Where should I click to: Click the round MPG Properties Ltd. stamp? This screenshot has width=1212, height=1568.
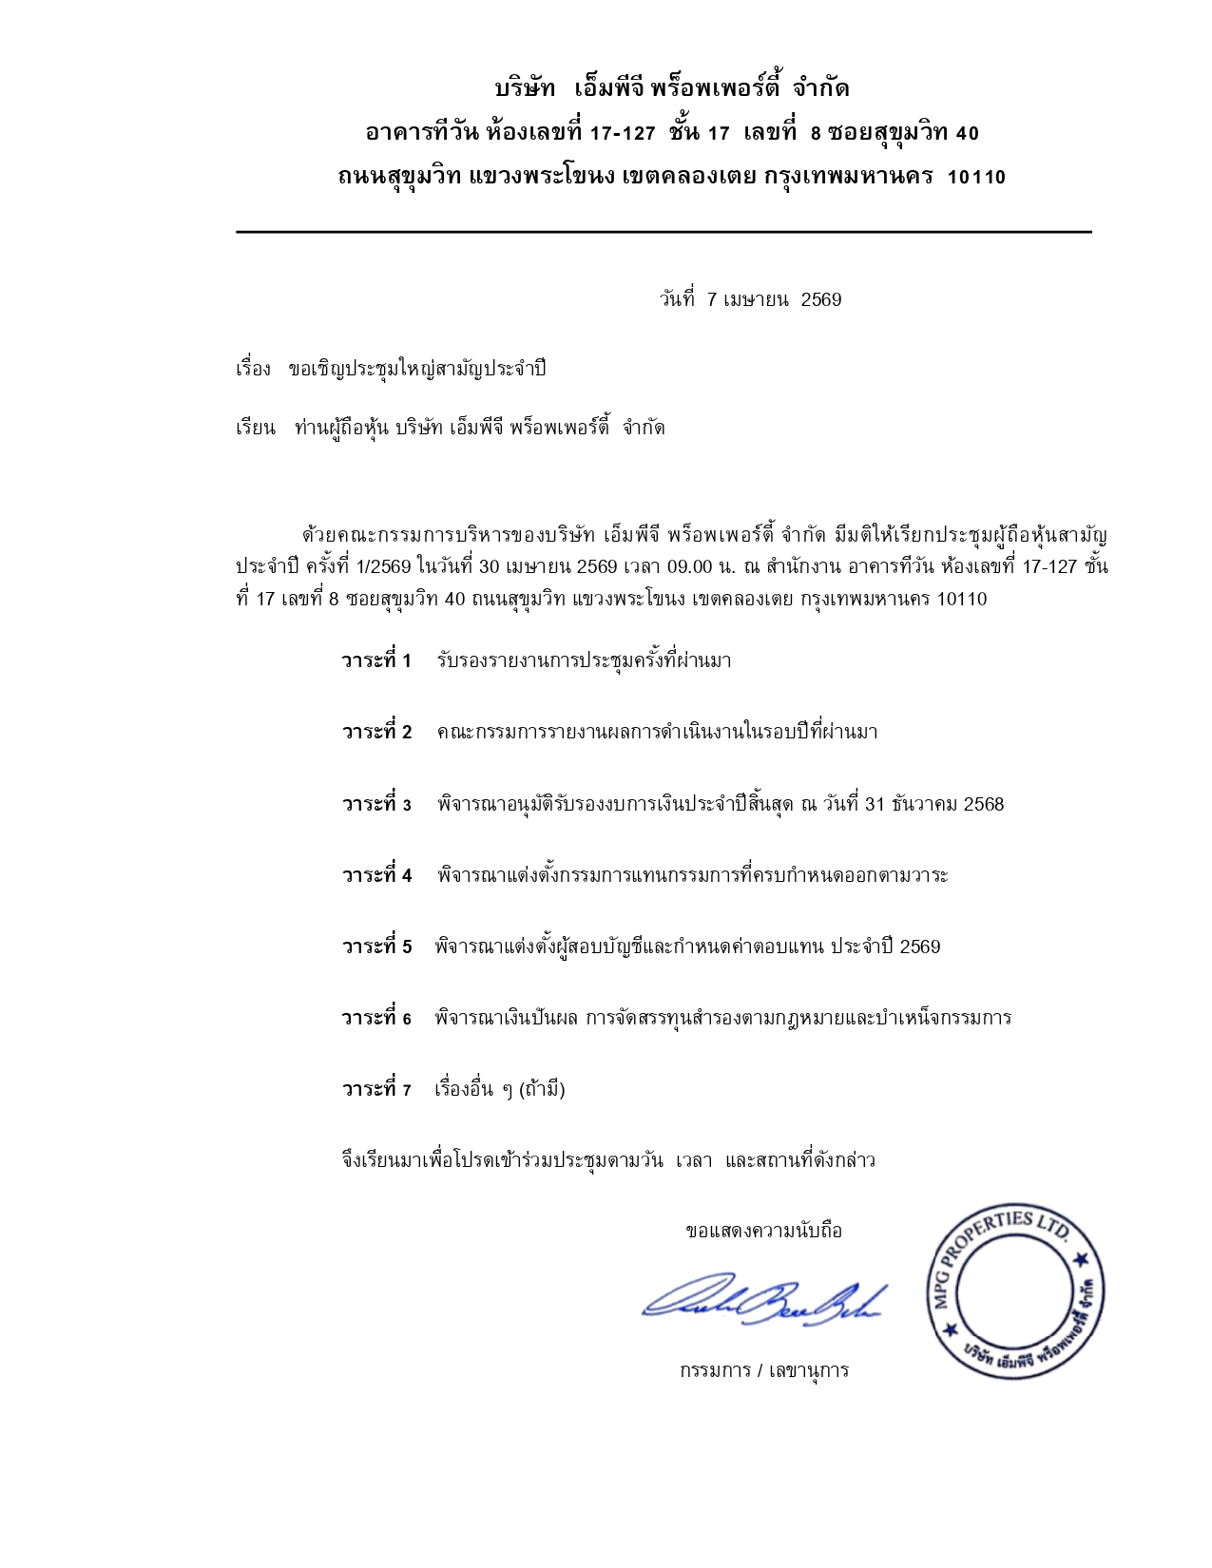[x=1015, y=1293]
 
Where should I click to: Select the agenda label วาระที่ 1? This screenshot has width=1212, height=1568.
[x=376, y=660]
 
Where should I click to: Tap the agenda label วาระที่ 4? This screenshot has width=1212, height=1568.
[x=377, y=875]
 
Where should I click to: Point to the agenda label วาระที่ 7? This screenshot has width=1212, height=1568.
[x=376, y=1089]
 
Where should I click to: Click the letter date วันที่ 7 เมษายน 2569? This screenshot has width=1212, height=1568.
[x=750, y=299]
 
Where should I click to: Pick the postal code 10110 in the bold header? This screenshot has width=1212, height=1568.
[x=976, y=177]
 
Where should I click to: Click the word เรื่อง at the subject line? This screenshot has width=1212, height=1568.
[x=253, y=369]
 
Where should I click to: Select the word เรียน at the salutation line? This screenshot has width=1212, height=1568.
[x=255, y=428]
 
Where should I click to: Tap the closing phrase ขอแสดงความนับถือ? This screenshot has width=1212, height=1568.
[x=763, y=1231]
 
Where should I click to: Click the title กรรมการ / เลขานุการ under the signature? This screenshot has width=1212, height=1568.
[x=763, y=1370]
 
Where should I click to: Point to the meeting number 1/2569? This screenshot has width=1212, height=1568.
[x=383, y=567]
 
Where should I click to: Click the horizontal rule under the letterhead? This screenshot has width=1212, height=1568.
[x=664, y=232]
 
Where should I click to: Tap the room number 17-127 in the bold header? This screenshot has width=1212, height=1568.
[x=623, y=133]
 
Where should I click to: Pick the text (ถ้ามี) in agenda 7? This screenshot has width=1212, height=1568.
[x=543, y=1089]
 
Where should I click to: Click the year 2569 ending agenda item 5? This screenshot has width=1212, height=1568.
[x=919, y=947]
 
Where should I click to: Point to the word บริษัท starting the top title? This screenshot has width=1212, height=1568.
[x=525, y=89]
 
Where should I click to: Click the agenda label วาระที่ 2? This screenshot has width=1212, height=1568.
[x=377, y=732]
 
